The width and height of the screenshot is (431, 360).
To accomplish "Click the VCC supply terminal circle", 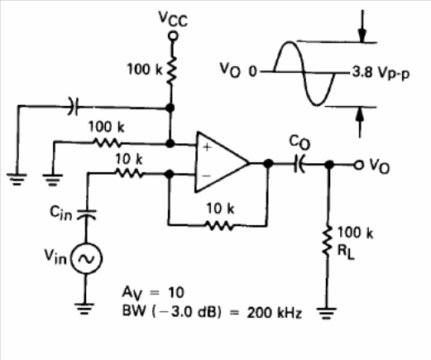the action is click(x=173, y=36).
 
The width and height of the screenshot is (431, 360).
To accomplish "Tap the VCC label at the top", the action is click(x=173, y=19).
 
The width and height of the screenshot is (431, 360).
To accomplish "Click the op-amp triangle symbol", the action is click(x=222, y=162).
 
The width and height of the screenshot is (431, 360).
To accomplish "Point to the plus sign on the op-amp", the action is click(x=207, y=147).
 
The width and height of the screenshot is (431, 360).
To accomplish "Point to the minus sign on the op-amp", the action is click(x=206, y=175).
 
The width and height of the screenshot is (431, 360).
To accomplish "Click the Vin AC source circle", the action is click(x=87, y=258).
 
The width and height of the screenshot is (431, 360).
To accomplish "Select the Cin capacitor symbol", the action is click(x=86, y=214).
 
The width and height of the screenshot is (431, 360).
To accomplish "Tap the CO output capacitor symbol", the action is click(x=299, y=165).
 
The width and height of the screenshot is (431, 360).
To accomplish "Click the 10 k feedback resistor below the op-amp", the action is click(x=220, y=226).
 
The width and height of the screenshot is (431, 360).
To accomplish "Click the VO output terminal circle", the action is click(x=358, y=165).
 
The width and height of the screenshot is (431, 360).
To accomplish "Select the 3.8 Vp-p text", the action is click(x=381, y=73).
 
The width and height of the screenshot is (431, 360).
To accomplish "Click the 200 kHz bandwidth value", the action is click(x=274, y=313).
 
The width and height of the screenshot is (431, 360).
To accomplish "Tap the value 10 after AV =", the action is click(x=176, y=292).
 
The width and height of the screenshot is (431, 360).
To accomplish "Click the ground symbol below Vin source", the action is click(x=84, y=309).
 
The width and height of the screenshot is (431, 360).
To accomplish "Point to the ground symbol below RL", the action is click(x=327, y=313).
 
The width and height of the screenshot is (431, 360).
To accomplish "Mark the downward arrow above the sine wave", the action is click(x=362, y=26).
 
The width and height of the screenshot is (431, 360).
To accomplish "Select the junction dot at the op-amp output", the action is click(x=268, y=164).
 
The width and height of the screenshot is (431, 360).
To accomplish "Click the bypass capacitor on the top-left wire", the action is click(x=74, y=106).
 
